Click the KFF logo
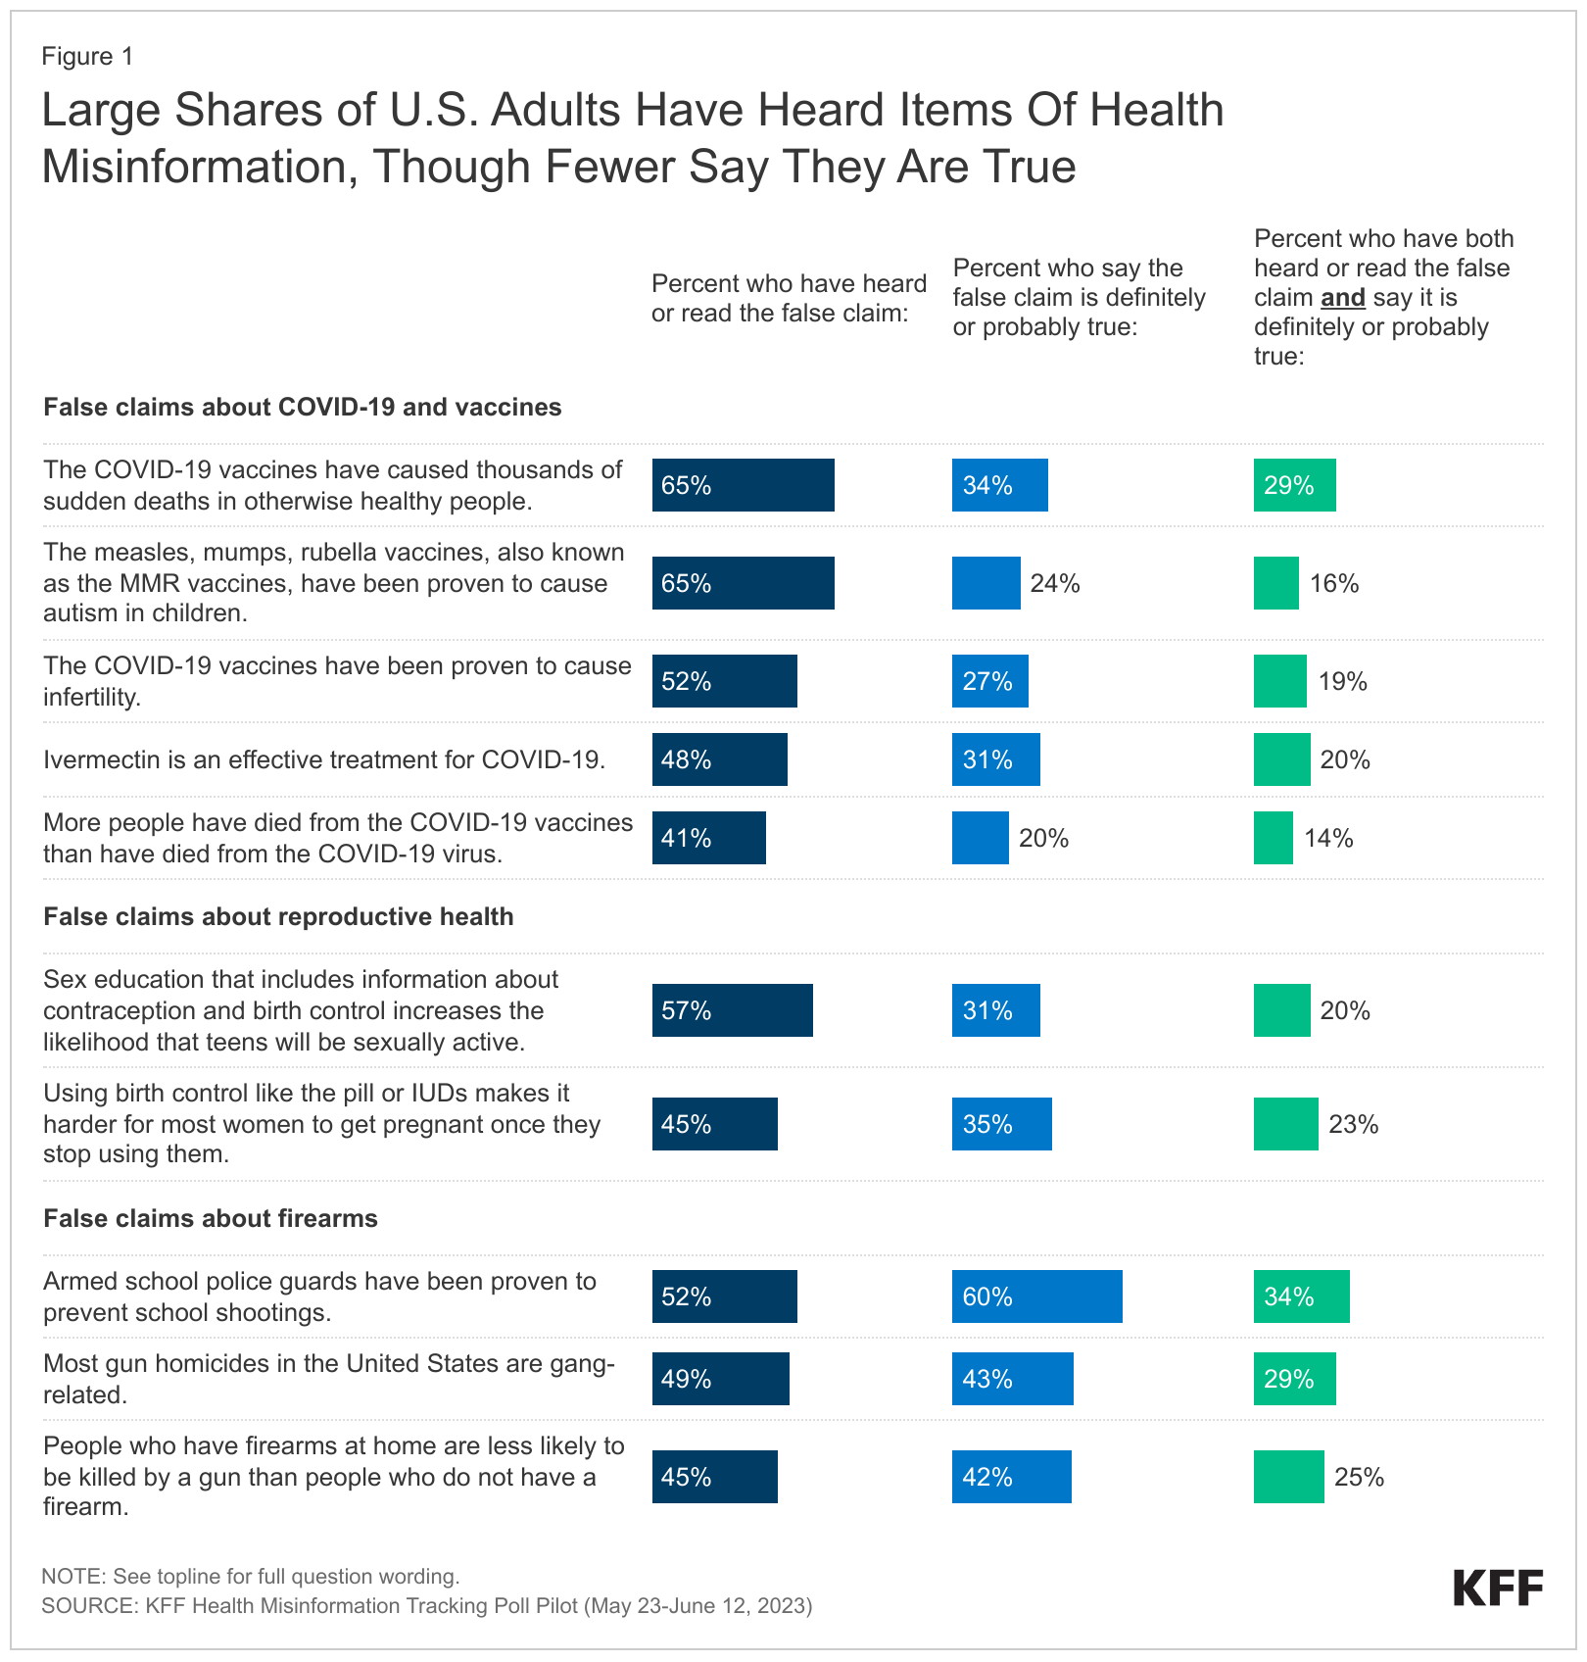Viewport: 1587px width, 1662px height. [1498, 1588]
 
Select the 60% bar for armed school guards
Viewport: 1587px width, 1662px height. [1036, 1296]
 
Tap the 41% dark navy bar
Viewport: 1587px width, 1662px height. [708, 838]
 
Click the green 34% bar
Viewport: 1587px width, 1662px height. [1301, 1296]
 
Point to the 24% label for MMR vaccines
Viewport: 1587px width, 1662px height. [1055, 583]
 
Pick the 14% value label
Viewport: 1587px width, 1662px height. [1328, 838]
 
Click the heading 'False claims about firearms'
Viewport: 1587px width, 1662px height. [211, 1218]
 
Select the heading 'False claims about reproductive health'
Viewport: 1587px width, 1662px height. [278, 916]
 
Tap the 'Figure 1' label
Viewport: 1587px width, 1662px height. [87, 57]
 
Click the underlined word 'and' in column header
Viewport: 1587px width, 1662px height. [1342, 298]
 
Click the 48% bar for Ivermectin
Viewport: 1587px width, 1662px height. [719, 759]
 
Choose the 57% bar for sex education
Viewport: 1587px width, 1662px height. [732, 1010]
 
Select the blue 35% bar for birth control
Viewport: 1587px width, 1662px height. [1001, 1124]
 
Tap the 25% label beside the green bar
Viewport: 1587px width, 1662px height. [1359, 1477]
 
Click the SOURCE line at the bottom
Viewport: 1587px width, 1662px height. [426, 1606]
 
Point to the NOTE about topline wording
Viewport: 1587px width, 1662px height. [250, 1577]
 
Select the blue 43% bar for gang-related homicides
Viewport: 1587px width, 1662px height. [1012, 1379]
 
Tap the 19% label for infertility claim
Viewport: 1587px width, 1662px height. [1342, 681]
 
